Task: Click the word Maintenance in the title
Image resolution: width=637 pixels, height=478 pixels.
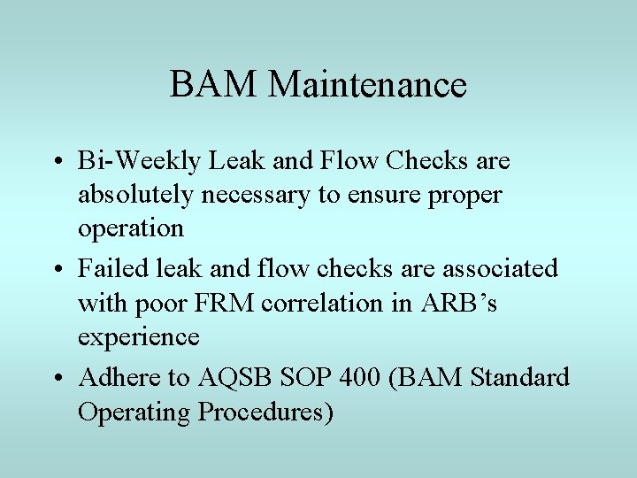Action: click(x=367, y=85)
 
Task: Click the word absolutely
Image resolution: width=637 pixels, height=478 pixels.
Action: click(x=135, y=195)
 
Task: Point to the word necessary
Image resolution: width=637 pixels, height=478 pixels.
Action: click(x=257, y=195)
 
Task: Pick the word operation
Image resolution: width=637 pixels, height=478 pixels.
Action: click(x=131, y=228)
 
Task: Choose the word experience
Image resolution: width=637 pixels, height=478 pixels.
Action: click(x=138, y=337)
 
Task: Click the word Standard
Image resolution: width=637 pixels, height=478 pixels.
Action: click(x=520, y=378)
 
